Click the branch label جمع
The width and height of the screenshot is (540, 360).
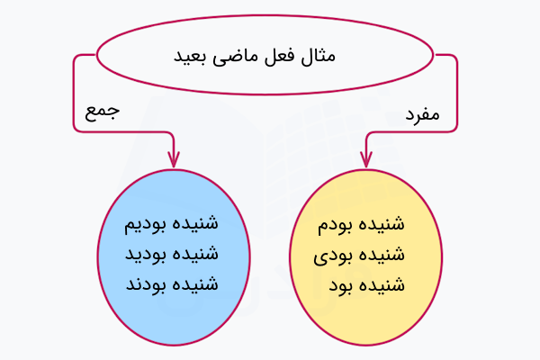coord(102,112)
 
